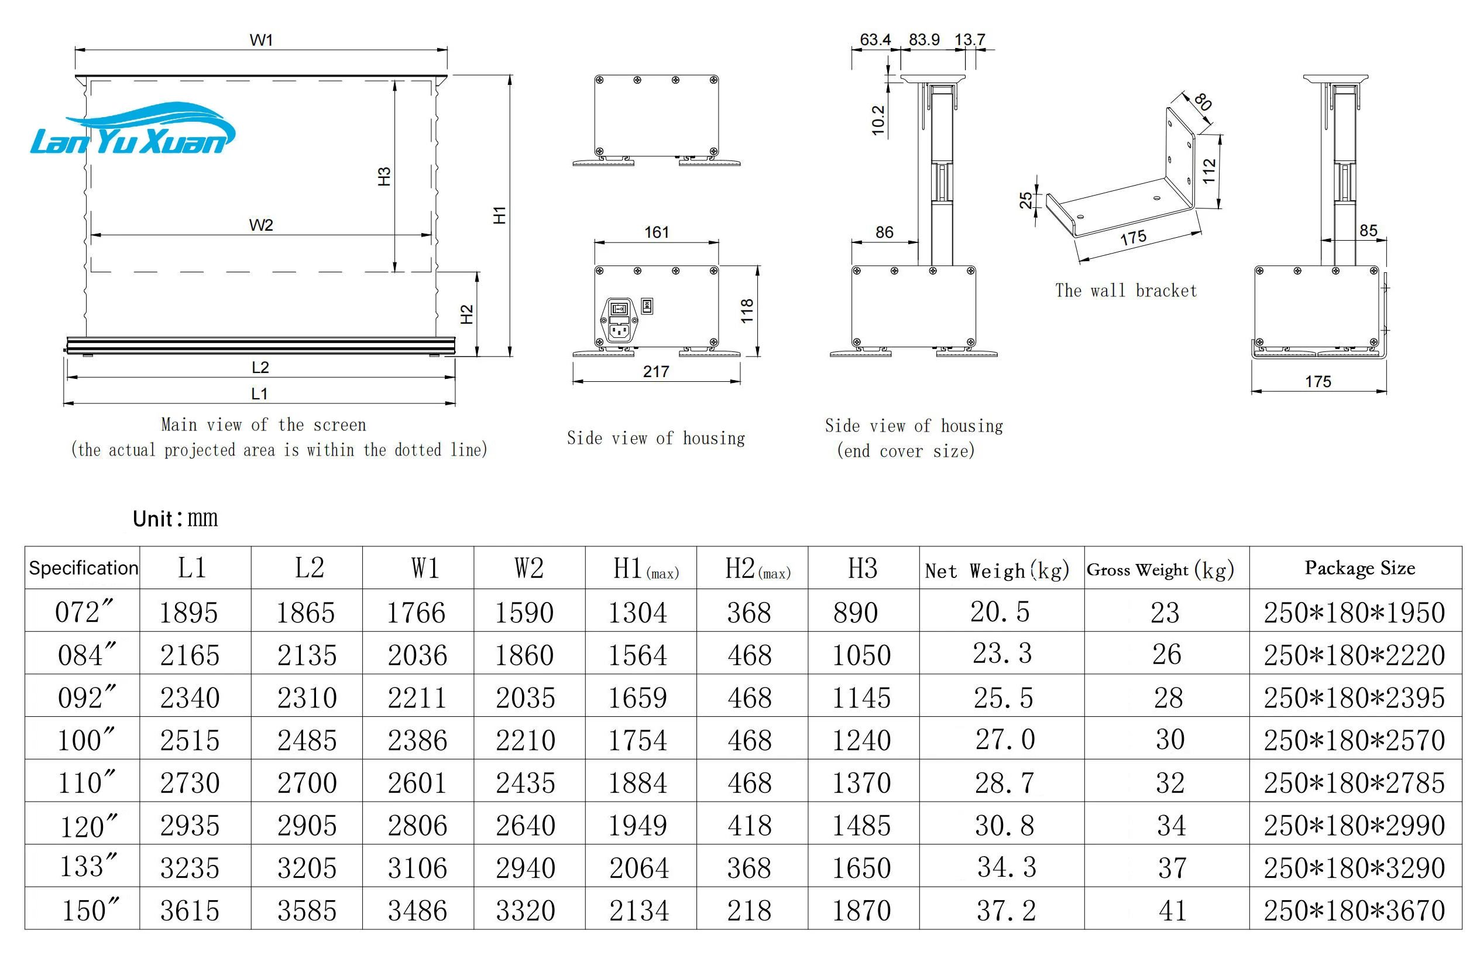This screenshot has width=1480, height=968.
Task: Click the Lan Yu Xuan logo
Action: click(x=132, y=131)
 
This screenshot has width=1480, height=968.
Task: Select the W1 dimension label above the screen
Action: click(x=261, y=40)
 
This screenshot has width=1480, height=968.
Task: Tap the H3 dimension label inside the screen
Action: click(x=384, y=176)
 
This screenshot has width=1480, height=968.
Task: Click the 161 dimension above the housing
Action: click(x=656, y=232)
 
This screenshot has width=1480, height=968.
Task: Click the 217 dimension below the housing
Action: click(x=655, y=371)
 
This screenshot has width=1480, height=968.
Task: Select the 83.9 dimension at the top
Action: click(x=924, y=40)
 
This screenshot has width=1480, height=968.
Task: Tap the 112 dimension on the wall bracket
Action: click(x=1208, y=170)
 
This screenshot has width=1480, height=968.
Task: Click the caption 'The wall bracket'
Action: click(x=1125, y=290)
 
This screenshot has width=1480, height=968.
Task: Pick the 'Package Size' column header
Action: click(x=1359, y=567)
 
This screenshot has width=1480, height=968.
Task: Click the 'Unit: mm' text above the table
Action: click(x=176, y=518)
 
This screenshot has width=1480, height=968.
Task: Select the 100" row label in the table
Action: click(x=87, y=740)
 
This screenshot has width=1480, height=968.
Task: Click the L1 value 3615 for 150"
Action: click(x=190, y=911)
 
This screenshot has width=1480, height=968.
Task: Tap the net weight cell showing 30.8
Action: click(x=1004, y=826)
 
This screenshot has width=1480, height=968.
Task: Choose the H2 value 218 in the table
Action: click(x=749, y=911)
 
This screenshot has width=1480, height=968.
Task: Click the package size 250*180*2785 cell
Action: click(x=1354, y=782)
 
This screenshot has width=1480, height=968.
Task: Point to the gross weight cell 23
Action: click(x=1165, y=613)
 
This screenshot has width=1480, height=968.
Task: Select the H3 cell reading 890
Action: click(x=856, y=613)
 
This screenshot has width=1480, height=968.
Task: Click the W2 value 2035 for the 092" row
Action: click(x=526, y=698)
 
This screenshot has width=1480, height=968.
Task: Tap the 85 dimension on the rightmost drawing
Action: click(x=1368, y=230)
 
